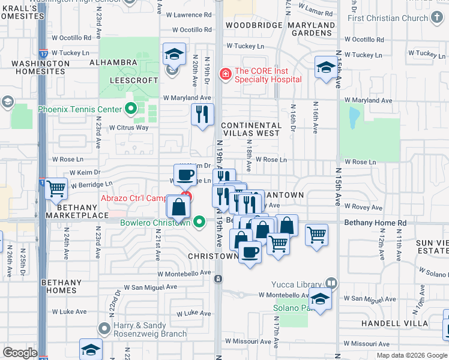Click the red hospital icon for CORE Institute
pyautogui.click(x=225, y=74)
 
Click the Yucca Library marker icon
pyautogui.click(x=331, y=283)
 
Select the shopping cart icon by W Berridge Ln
pyautogui.click(x=56, y=188)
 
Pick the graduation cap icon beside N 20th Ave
pyautogui.click(x=173, y=55)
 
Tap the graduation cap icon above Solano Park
pyautogui.click(x=320, y=298)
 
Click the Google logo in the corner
pyautogui.click(x=20, y=353)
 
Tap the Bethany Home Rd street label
pyautogui.click(x=375, y=223)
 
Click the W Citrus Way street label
pyautogui.click(x=128, y=127)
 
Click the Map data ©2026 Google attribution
pyautogui.click(x=412, y=355)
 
